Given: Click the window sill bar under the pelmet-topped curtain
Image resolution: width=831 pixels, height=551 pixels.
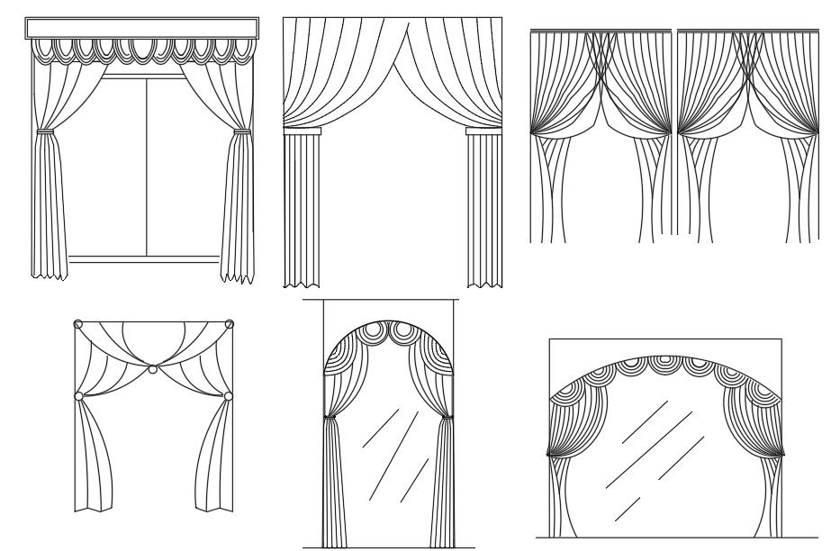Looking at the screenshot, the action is pyautogui.click(x=144, y=259).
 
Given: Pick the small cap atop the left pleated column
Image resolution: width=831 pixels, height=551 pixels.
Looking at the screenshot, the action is pyautogui.click(x=302, y=131).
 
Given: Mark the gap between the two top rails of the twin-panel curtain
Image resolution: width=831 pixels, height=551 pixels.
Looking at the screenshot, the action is pyautogui.click(x=673, y=32).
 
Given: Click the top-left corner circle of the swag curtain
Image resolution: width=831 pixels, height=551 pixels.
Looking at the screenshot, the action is pyautogui.click(x=78, y=324).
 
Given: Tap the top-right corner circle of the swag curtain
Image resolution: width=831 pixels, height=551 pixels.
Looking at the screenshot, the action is pyautogui.click(x=230, y=324).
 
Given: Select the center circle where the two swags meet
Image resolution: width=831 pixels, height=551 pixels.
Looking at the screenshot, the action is pyautogui.click(x=153, y=369).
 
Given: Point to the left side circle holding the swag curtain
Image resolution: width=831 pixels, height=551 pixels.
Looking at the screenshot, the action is pyautogui.click(x=78, y=395).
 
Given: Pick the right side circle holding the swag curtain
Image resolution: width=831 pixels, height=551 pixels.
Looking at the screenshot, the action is pyautogui.click(x=229, y=395).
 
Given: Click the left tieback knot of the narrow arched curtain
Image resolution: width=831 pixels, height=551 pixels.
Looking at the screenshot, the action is pyautogui.click(x=329, y=417).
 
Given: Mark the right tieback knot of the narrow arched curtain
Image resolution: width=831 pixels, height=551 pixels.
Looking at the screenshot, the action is pyautogui.click(x=446, y=416).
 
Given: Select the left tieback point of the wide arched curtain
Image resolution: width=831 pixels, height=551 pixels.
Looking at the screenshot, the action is pyautogui.click(x=552, y=456).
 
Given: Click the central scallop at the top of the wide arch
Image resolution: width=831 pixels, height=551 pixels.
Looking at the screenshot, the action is pyautogui.click(x=666, y=361).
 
